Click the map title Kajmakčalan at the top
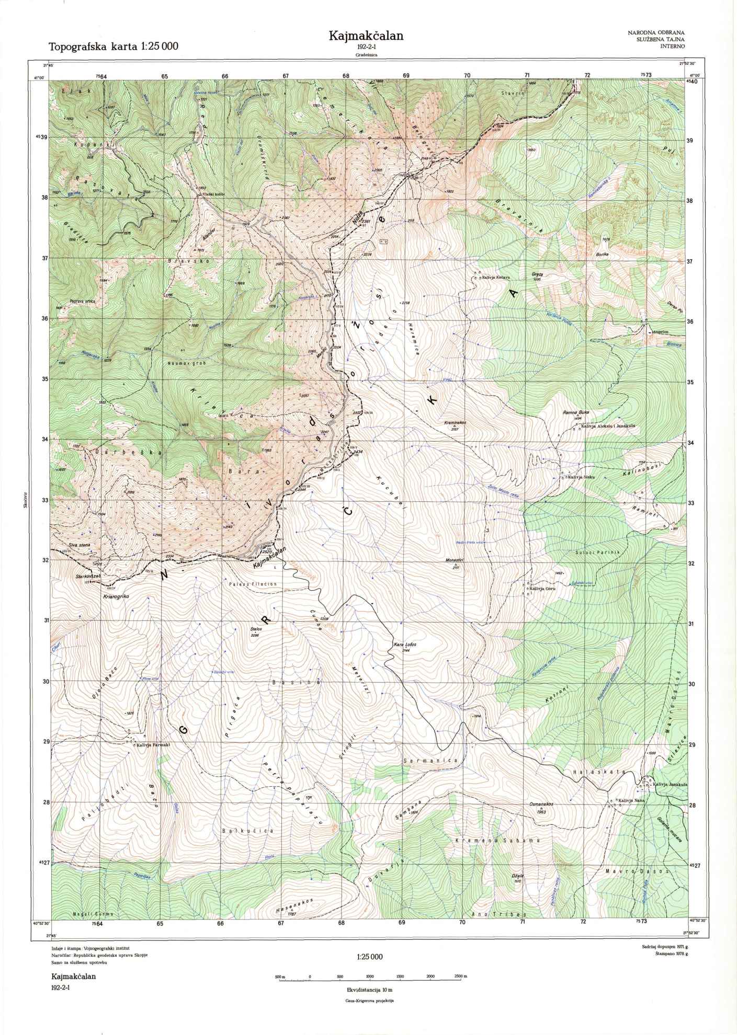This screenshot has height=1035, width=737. (366, 36)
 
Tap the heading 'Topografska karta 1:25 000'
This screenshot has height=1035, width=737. (114, 47)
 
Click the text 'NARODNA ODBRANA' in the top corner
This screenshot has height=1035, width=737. (656, 33)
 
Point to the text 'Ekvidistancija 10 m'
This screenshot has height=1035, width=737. (369, 990)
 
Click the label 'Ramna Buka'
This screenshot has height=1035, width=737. (576, 412)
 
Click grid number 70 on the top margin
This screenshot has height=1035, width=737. (467, 75)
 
